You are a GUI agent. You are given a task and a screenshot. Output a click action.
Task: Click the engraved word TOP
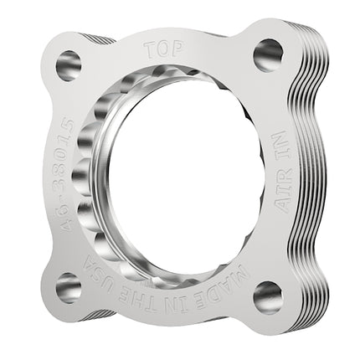tap(164, 49)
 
